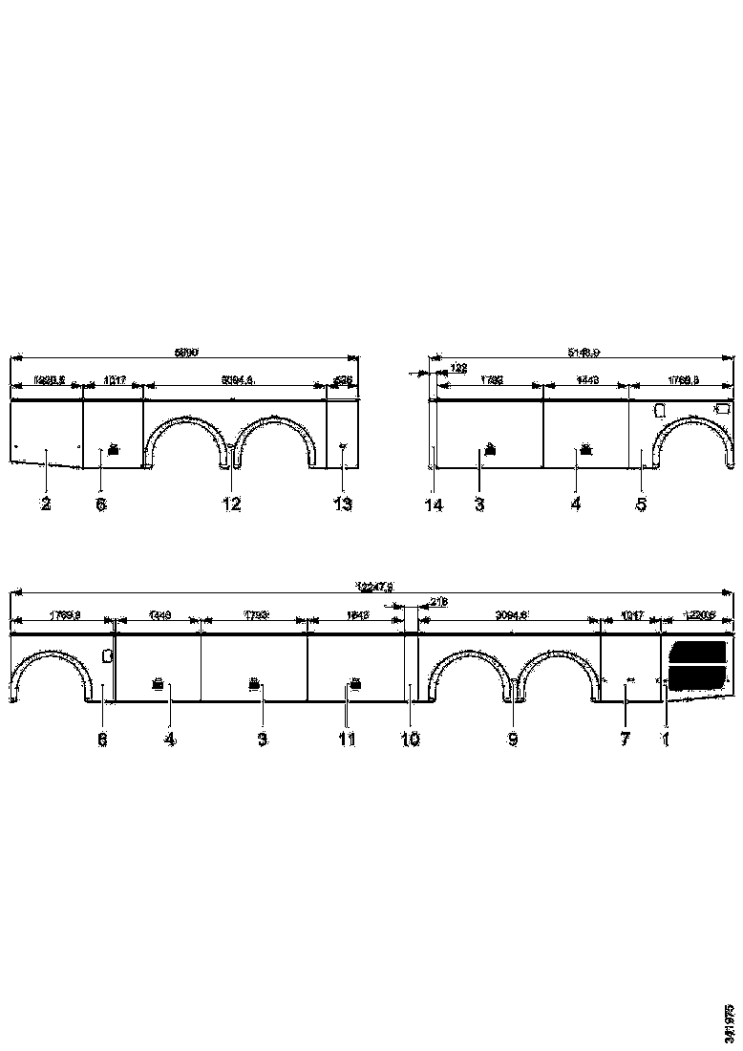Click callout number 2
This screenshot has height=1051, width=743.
click(x=45, y=504)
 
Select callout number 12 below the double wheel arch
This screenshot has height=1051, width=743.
click(x=231, y=504)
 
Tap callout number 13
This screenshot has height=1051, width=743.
click(x=343, y=504)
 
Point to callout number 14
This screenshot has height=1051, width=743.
click(x=435, y=504)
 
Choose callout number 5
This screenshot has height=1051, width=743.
click(x=642, y=504)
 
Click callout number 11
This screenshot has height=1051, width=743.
click(x=347, y=740)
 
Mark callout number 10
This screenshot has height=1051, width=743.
click(x=410, y=740)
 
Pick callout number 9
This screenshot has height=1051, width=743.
click(x=513, y=740)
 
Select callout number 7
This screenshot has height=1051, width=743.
click(x=625, y=740)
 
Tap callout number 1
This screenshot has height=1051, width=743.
click(x=666, y=740)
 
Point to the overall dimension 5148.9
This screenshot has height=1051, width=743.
click(x=584, y=353)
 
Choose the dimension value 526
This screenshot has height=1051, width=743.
click(x=344, y=380)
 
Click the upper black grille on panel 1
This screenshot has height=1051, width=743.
click(x=697, y=653)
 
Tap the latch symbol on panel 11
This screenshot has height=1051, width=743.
click(x=355, y=683)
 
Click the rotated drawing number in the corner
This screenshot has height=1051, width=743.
click(x=731, y=1022)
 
